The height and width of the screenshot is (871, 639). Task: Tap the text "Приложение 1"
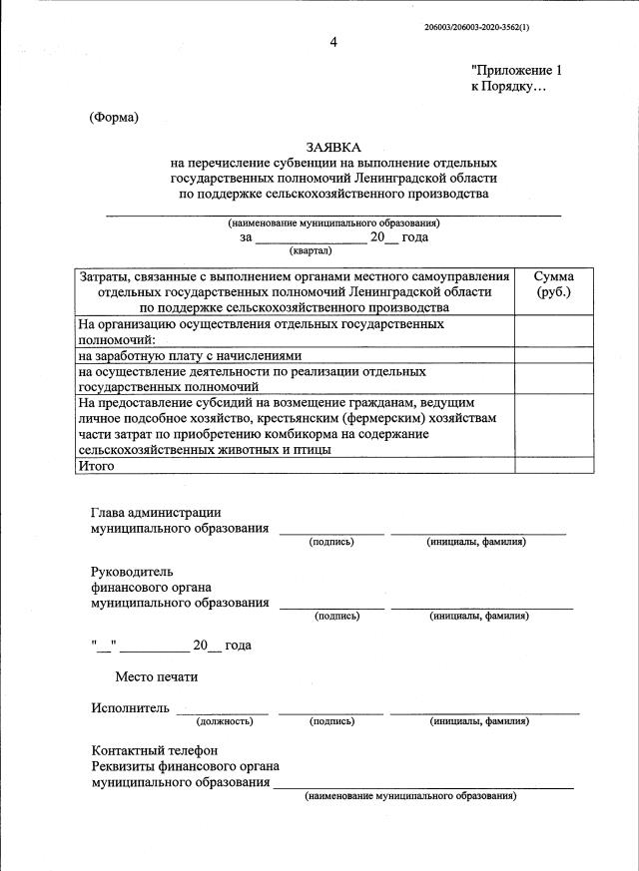[x=517, y=71]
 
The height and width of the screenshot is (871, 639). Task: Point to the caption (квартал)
[x=310, y=250]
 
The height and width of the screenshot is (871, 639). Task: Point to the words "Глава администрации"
[x=156, y=512]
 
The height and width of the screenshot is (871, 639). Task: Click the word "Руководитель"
[x=132, y=572]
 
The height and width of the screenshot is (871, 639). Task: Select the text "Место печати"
[x=156, y=676]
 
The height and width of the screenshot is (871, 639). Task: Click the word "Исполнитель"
[x=129, y=708]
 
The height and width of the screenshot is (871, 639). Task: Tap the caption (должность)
[x=224, y=720]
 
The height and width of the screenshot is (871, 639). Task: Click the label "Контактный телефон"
[x=154, y=750]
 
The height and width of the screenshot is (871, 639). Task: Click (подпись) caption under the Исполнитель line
[x=331, y=720]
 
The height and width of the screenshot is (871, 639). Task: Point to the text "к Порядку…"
[x=509, y=87]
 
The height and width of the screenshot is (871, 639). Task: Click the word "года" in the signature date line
[x=238, y=646]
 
